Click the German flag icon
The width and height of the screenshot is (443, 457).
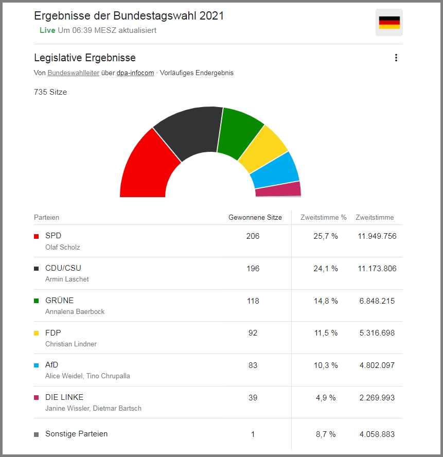tap(389, 23)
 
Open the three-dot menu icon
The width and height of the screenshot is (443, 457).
tap(396, 58)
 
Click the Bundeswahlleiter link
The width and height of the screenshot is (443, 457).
tap(74, 73)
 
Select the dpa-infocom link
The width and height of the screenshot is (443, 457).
tap(135, 73)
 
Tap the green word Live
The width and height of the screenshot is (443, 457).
tap(47, 30)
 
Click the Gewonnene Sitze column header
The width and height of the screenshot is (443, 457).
tap(255, 218)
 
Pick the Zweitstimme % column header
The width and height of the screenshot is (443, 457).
tap(324, 218)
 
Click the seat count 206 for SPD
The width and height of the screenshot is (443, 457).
tap(253, 236)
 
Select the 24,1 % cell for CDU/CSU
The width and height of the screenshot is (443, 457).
tap(327, 269)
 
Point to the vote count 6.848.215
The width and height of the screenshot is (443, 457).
tap(377, 301)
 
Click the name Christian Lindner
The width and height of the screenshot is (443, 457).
tap(71, 344)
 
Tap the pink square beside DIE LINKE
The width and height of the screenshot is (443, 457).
tap(37, 398)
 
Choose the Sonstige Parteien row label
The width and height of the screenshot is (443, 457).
tap(77, 434)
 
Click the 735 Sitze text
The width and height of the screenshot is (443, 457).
tap(50, 92)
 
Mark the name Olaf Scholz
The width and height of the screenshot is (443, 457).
tap(63, 247)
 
